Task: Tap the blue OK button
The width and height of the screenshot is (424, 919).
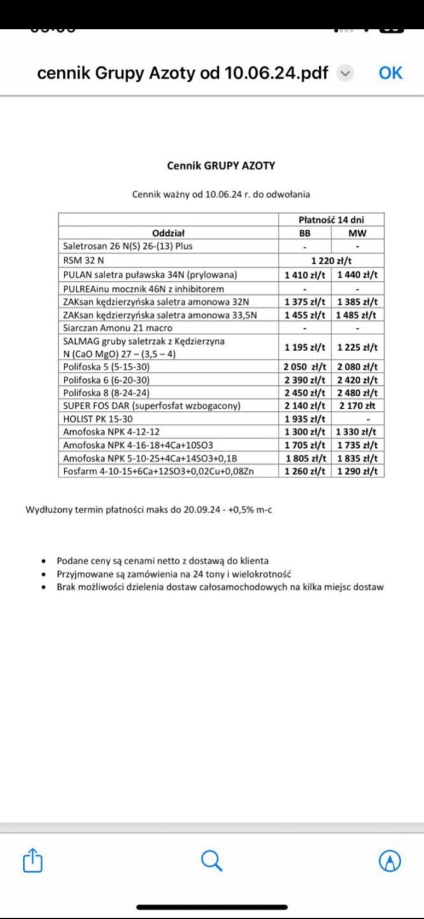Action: (390, 73)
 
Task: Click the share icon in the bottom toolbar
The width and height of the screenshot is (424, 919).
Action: (33, 861)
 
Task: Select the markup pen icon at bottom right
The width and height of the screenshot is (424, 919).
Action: (390, 861)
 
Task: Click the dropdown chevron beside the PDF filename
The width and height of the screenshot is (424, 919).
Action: (344, 73)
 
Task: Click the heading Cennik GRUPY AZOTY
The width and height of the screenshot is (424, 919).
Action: (221, 165)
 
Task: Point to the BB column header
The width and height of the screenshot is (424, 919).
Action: (305, 233)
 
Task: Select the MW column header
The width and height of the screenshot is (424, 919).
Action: (357, 233)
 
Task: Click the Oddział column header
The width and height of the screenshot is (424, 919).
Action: (168, 233)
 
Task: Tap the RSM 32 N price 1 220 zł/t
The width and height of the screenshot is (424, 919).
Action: (332, 260)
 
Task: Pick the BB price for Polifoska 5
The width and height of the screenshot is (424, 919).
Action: (305, 366)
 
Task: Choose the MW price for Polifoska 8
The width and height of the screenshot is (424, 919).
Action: (357, 392)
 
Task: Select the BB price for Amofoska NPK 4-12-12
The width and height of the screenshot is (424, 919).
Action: (305, 432)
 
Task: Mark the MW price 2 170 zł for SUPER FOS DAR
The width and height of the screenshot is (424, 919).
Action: (357, 406)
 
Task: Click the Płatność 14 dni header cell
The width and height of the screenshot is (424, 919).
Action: (332, 220)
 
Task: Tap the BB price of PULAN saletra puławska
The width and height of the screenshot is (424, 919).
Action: (305, 274)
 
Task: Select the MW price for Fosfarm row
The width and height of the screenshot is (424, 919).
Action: (357, 472)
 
